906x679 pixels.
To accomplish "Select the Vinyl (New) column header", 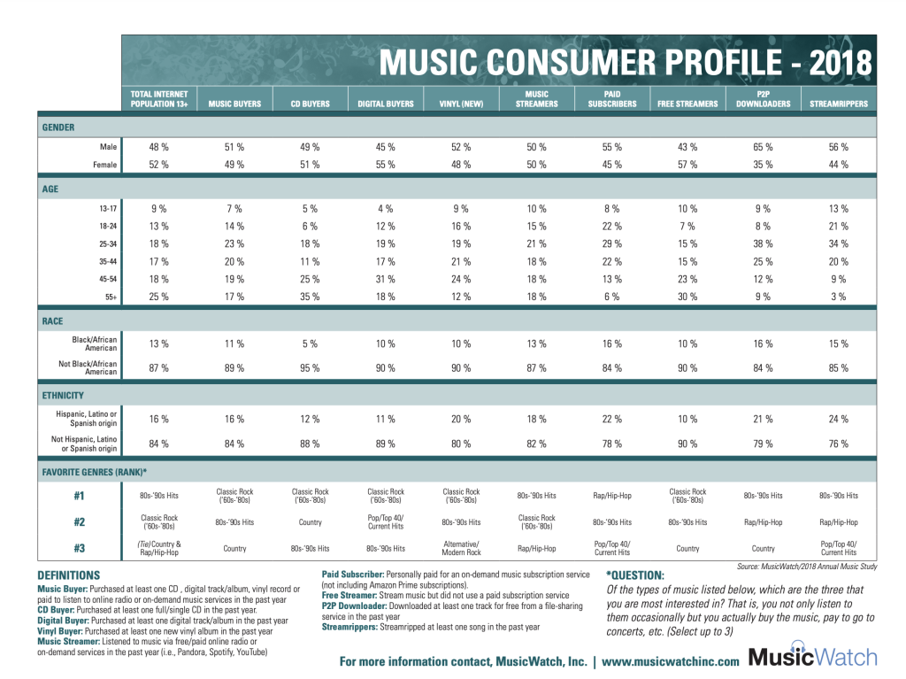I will click(461, 104).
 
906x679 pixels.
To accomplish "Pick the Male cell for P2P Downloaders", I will click(763, 147).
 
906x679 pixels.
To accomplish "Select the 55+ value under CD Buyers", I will click(310, 296).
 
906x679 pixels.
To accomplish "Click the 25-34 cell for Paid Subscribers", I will click(611, 243).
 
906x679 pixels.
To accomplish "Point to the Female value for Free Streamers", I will click(687, 165).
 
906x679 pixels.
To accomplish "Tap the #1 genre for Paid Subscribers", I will click(611, 496).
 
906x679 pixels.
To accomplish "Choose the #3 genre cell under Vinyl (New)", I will click(461, 548).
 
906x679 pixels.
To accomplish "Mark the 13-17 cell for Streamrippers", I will click(838, 209).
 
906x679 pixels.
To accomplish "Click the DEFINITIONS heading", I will click(69, 575).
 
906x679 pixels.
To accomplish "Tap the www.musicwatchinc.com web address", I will click(671, 660).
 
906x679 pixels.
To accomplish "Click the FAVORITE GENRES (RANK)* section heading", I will click(95, 472).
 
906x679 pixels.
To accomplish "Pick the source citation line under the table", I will click(805, 566).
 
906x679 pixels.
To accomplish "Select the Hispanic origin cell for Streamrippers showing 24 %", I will click(838, 419).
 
